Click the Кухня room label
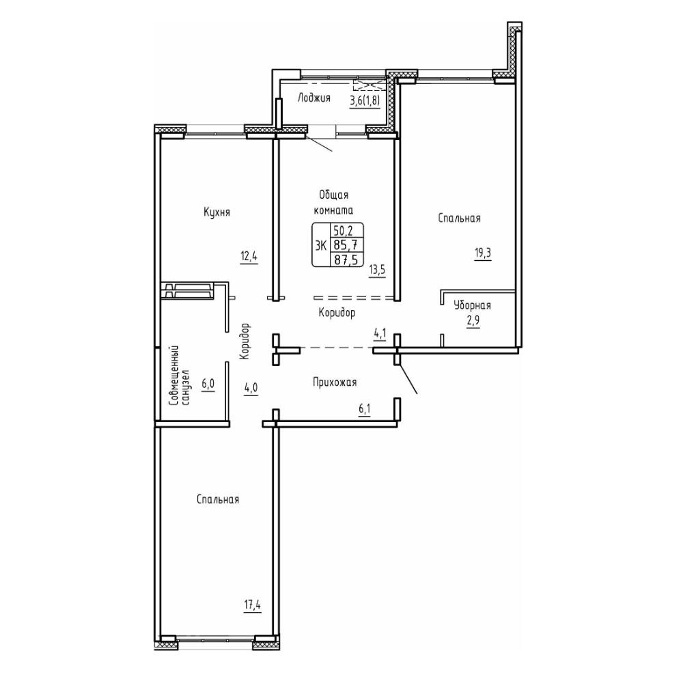point(217,212)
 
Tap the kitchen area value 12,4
point(249,256)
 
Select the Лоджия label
point(313,98)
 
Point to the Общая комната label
point(334,202)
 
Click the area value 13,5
point(377,269)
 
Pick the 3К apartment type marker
point(321,246)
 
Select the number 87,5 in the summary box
point(344,260)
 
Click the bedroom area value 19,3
point(483,253)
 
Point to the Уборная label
point(472,305)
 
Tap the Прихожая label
point(335,382)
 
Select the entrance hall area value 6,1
point(364,409)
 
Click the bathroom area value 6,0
point(208,385)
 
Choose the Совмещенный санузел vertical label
point(179,376)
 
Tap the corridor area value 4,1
point(379,334)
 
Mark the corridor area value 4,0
point(251,388)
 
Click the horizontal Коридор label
point(337,312)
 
